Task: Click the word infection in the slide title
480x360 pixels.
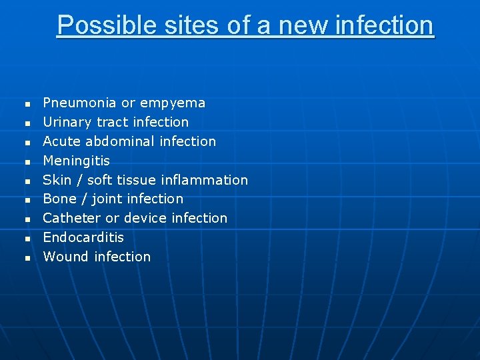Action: coord(383,25)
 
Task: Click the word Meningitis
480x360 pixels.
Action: coord(77,161)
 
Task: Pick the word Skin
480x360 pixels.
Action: coord(57,180)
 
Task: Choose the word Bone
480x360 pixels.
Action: coord(59,199)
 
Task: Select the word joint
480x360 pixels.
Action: coord(107,199)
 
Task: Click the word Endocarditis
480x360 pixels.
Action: coord(83,237)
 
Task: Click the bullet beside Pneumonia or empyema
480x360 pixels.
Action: coord(27,105)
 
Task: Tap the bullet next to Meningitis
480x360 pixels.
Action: coord(27,162)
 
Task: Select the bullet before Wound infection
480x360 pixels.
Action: coord(27,258)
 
